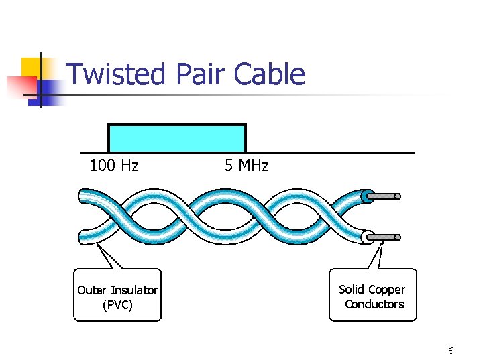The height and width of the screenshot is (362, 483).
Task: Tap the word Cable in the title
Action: [x=270, y=74]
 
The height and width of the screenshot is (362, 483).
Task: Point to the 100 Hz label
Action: [x=114, y=166]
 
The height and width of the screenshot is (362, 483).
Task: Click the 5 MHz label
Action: [x=246, y=166]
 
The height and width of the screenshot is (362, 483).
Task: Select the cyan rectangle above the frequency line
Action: [x=177, y=138]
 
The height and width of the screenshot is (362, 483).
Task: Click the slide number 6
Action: [x=451, y=351]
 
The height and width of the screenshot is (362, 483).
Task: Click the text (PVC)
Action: [x=117, y=305]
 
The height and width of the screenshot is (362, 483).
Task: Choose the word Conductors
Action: [x=374, y=304]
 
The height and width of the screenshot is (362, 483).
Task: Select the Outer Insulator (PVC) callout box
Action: [x=117, y=296]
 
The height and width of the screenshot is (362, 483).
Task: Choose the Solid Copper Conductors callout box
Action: [x=372, y=295]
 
